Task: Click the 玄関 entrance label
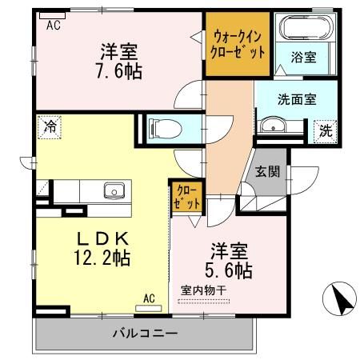[266, 170]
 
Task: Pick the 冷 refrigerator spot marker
[50, 126]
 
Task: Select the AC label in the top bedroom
[53, 26]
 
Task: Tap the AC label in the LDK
[149, 298]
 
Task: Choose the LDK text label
[104, 238]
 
